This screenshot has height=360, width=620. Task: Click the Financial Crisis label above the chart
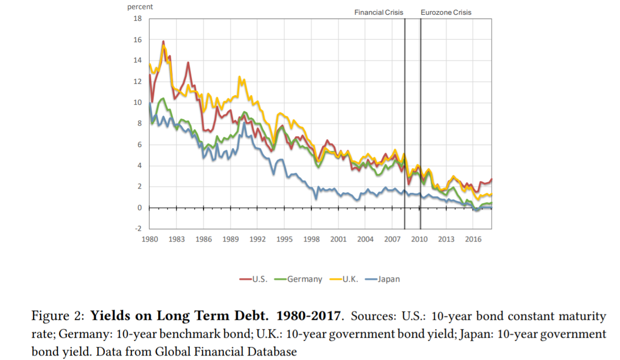click(x=378, y=12)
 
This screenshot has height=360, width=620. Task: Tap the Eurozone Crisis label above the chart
click(x=446, y=12)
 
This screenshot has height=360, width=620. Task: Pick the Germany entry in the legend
click(x=304, y=279)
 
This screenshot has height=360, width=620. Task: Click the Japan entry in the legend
click(x=388, y=279)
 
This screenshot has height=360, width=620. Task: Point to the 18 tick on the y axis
click(x=137, y=19)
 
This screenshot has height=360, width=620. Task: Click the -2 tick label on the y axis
click(x=137, y=229)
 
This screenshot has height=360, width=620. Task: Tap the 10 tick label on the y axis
click(x=137, y=103)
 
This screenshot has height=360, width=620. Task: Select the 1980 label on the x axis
click(x=150, y=239)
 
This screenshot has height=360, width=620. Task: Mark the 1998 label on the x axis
click(x=311, y=239)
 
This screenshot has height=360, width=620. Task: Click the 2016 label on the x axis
click(x=473, y=239)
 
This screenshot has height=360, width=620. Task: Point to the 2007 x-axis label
click(x=392, y=239)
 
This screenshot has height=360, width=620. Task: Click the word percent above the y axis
click(x=140, y=7)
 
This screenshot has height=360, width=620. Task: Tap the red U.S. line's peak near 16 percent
click(x=163, y=42)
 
